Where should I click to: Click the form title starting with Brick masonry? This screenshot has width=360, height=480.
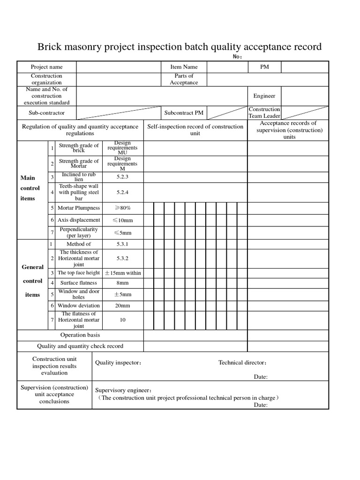[x=180, y=47]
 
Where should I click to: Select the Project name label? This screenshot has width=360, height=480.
[x=46, y=67]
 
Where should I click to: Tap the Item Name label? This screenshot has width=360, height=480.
[x=184, y=67]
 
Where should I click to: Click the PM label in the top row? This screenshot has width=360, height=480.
[x=264, y=67]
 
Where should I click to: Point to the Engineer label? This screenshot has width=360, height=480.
[x=264, y=96]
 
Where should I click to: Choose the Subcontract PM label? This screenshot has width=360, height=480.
[x=184, y=113]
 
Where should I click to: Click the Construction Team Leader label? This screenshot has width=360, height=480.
[x=264, y=112]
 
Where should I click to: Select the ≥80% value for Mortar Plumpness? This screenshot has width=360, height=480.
[x=122, y=208]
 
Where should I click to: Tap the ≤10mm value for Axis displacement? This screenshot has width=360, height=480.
[x=122, y=220]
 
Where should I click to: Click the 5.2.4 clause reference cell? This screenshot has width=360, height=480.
[x=122, y=192]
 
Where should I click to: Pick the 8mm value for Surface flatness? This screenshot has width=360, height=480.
[x=122, y=283]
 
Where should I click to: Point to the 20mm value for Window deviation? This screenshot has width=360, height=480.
[x=122, y=306]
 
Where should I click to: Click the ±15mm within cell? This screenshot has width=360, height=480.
[x=122, y=273]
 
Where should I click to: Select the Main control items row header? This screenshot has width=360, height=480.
[x=31, y=188]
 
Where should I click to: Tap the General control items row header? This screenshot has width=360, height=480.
[x=32, y=281]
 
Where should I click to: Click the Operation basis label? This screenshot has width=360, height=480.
[x=80, y=335]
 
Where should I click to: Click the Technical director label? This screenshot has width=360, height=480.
[x=243, y=362]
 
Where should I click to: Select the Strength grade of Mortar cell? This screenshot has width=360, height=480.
[x=79, y=164]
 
